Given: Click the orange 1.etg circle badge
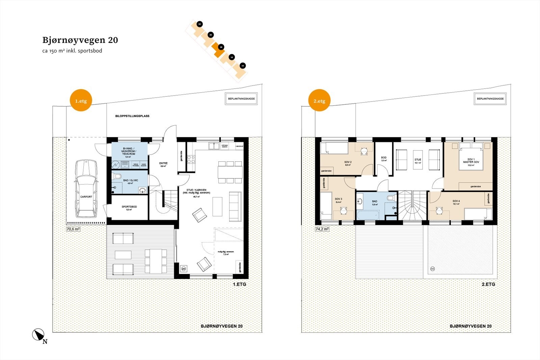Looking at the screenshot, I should (81, 101).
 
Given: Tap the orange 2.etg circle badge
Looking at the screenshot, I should (319, 101).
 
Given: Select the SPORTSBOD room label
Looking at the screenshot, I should (129, 207).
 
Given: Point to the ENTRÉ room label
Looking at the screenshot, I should (163, 163).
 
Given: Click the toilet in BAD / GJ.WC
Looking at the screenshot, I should (117, 176).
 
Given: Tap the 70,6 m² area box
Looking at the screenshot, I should (73, 229).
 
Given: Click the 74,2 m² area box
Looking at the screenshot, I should (322, 229).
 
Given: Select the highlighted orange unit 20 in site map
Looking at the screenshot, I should (219, 50).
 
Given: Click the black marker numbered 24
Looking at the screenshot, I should (200, 24).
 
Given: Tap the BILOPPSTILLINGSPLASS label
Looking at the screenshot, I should (132, 116).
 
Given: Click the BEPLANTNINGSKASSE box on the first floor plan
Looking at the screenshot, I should (241, 99).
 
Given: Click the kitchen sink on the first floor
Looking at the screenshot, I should (213, 146).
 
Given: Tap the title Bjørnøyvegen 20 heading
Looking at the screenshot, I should (80, 40).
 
